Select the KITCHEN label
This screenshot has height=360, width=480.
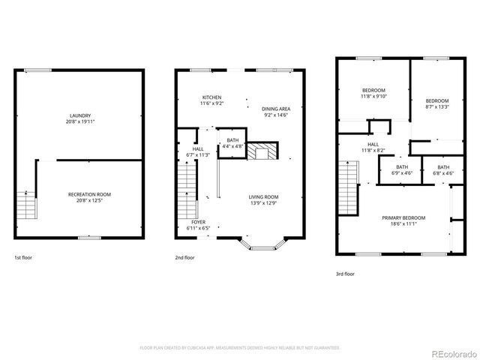(211, 97)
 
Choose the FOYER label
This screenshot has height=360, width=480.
(197, 222)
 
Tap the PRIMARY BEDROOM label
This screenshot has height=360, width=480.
(403, 217)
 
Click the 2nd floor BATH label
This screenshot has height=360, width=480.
(233, 139)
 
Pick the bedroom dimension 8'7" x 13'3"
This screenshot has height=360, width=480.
(436, 107)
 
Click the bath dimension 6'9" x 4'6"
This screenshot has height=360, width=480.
(402, 172)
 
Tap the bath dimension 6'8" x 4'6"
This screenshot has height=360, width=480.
(443, 172)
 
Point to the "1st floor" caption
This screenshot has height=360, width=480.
(23, 256)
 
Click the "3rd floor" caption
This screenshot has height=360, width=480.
(345, 274)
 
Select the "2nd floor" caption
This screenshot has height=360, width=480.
(184, 256)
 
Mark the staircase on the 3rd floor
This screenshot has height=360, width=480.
(346, 187)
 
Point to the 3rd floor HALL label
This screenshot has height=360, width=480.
(373, 144)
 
